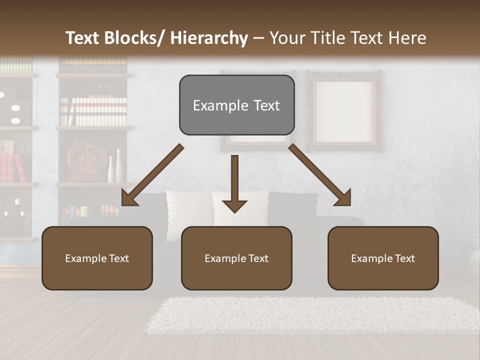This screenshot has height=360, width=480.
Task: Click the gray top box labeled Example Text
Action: coord(236,105)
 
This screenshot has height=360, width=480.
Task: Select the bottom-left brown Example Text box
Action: coord(97,258)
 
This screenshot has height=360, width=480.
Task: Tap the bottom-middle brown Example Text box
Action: coord(236,258)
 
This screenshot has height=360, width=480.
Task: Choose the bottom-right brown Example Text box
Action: coord(383,258)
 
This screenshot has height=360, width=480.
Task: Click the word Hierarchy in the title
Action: coord(208,38)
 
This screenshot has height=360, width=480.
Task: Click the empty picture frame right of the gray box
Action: coord(344,111)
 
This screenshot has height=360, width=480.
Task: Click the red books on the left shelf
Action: coord(13,167)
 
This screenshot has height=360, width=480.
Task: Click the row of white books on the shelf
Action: coord(95,111)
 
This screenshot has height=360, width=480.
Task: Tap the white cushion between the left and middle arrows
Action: coord(188,210)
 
